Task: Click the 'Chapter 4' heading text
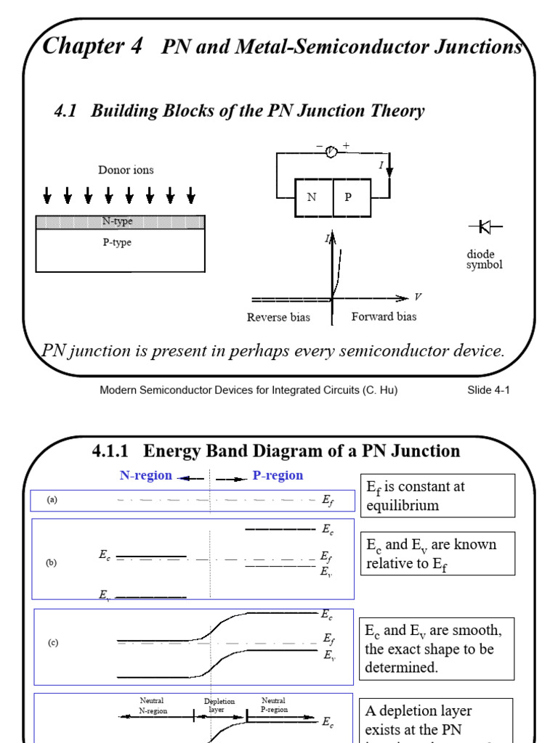coord(93,46)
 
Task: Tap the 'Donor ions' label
coord(126,170)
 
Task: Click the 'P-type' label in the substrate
coord(116,242)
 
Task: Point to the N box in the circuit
coord(313,197)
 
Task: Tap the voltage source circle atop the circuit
coord(331,151)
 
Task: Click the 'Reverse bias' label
coord(278,317)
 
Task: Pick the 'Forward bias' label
coord(384,317)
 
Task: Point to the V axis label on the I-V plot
coord(418,297)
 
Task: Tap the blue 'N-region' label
coord(145,476)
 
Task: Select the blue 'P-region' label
coord(278,476)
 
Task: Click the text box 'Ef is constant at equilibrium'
coord(437,496)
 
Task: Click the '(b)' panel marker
coord(52,562)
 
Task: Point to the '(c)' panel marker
coord(53,643)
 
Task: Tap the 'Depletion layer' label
coord(219,705)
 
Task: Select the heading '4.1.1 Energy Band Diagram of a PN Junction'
coord(276,451)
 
